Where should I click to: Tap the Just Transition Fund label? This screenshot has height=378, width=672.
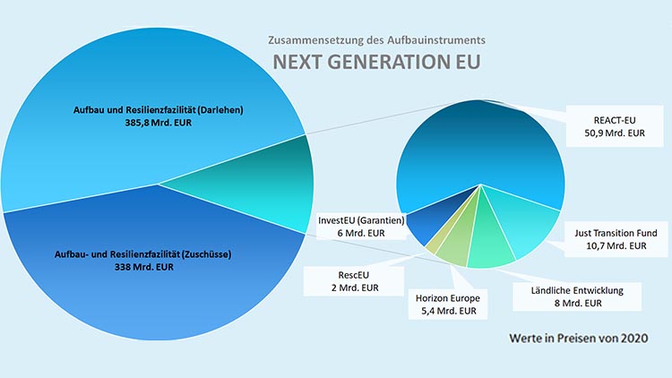pos(615,238)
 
